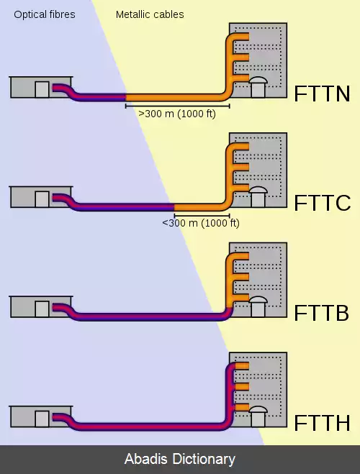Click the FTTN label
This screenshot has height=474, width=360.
coord(322,94)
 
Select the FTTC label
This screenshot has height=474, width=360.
coord(323,203)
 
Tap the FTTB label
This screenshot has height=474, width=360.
coord(322,313)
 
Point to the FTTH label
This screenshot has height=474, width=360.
coord(322,423)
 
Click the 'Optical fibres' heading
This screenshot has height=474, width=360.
coord(45,14)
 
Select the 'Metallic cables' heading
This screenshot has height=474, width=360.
coord(150,14)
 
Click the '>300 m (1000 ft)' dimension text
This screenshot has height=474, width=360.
coord(177,114)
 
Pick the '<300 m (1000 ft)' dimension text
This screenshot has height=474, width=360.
coord(201,223)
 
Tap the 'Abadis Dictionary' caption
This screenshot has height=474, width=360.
coord(180,459)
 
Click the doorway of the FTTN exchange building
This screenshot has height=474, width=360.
coord(42,89)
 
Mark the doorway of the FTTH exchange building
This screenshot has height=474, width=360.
coord(42,419)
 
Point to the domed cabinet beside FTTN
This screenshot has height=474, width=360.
coord(258,87)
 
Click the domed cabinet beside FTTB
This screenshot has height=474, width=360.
coord(258,306)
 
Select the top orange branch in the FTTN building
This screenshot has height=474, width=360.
coord(240,37)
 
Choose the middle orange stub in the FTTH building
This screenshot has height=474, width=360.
coord(242,387)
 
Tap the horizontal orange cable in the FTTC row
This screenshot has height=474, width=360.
coord(199,207)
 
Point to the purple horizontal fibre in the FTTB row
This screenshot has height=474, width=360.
coord(148,316)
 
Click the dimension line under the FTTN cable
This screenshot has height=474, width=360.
coord(178,106)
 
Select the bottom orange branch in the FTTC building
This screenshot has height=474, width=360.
coord(240,188)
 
